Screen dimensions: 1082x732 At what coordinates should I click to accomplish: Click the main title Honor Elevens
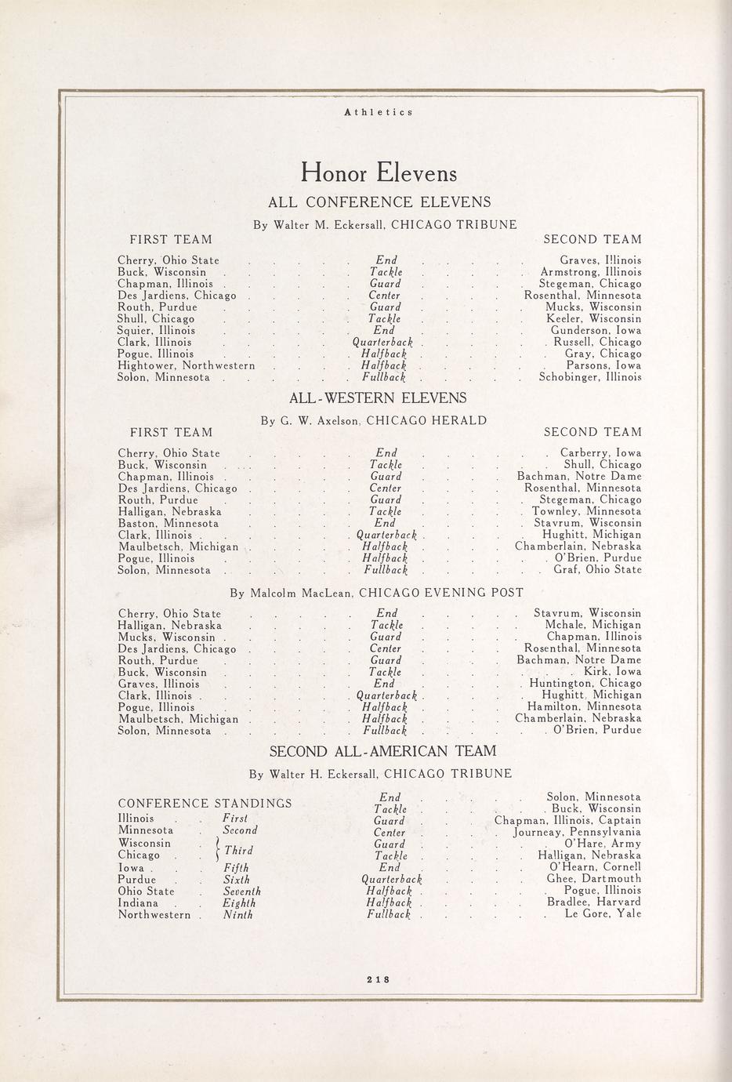tap(379, 171)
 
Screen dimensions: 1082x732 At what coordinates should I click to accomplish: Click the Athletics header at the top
tap(379, 112)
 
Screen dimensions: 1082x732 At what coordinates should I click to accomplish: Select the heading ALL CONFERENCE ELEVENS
tap(379, 202)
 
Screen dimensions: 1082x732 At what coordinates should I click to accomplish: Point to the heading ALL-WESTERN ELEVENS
tap(378, 398)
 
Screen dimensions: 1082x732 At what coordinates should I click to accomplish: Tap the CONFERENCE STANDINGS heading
tap(205, 804)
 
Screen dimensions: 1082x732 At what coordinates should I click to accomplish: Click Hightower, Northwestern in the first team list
tap(187, 365)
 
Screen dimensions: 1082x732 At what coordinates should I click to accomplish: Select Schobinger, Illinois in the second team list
tap(590, 377)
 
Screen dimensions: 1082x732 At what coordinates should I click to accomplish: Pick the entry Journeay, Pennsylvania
tap(578, 832)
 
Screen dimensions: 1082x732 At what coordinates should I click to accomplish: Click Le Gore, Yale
tap(603, 913)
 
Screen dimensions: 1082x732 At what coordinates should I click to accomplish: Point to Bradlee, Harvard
tap(594, 902)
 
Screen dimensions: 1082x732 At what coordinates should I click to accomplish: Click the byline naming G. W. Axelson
tap(373, 421)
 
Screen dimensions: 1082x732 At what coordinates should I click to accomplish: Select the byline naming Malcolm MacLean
tap(376, 593)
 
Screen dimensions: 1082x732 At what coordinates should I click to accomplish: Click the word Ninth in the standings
tap(239, 914)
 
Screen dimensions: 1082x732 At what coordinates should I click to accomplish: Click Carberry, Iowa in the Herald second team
tap(600, 452)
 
